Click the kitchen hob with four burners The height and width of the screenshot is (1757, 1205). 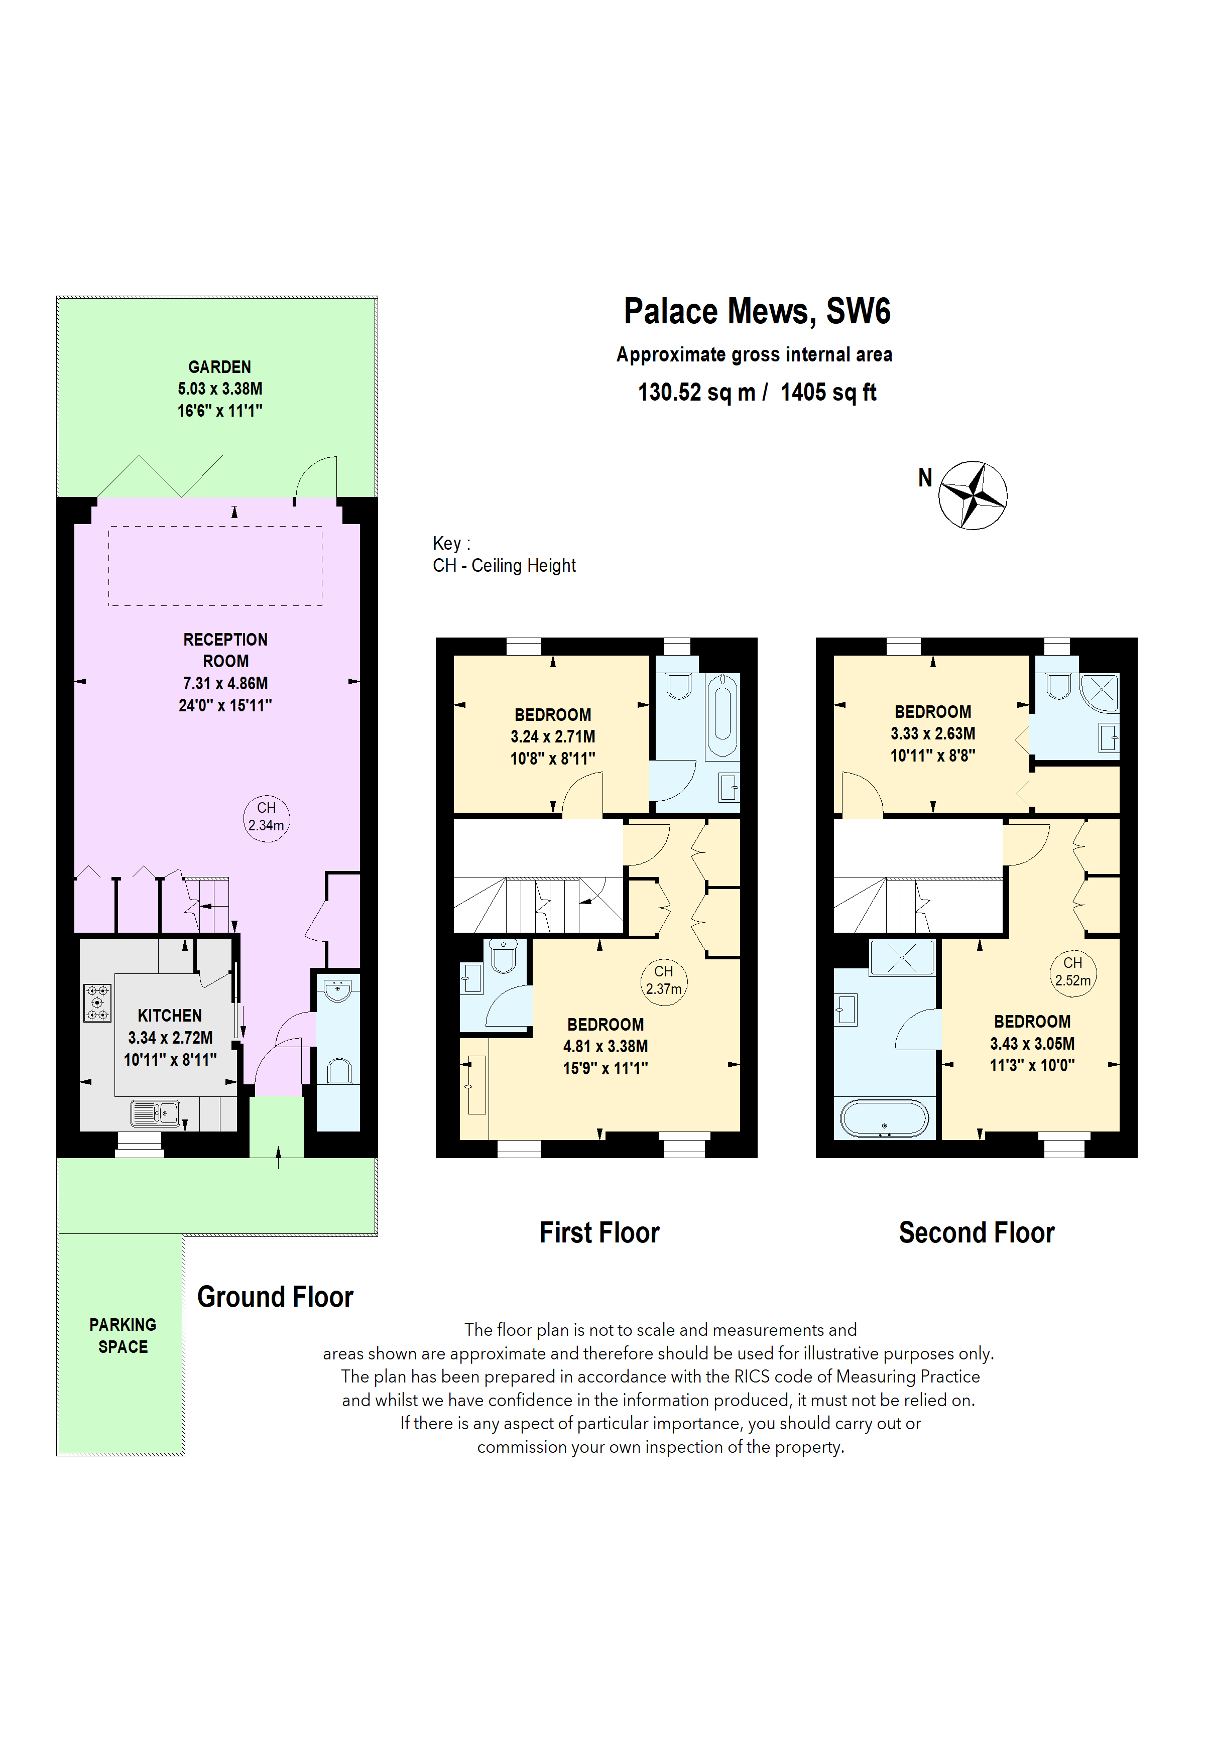coord(97,1002)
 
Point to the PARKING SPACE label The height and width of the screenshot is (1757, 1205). coord(123,1335)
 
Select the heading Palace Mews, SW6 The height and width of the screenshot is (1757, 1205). coord(757,311)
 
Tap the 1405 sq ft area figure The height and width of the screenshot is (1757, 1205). coord(828,393)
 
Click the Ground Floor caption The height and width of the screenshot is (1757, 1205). coord(275,1297)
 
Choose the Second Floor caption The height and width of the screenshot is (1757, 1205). coord(976,1232)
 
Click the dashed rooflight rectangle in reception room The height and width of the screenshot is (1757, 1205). coord(215,566)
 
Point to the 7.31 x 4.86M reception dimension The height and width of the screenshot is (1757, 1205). coord(225,683)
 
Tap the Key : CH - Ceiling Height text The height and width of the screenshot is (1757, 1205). coord(504,554)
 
